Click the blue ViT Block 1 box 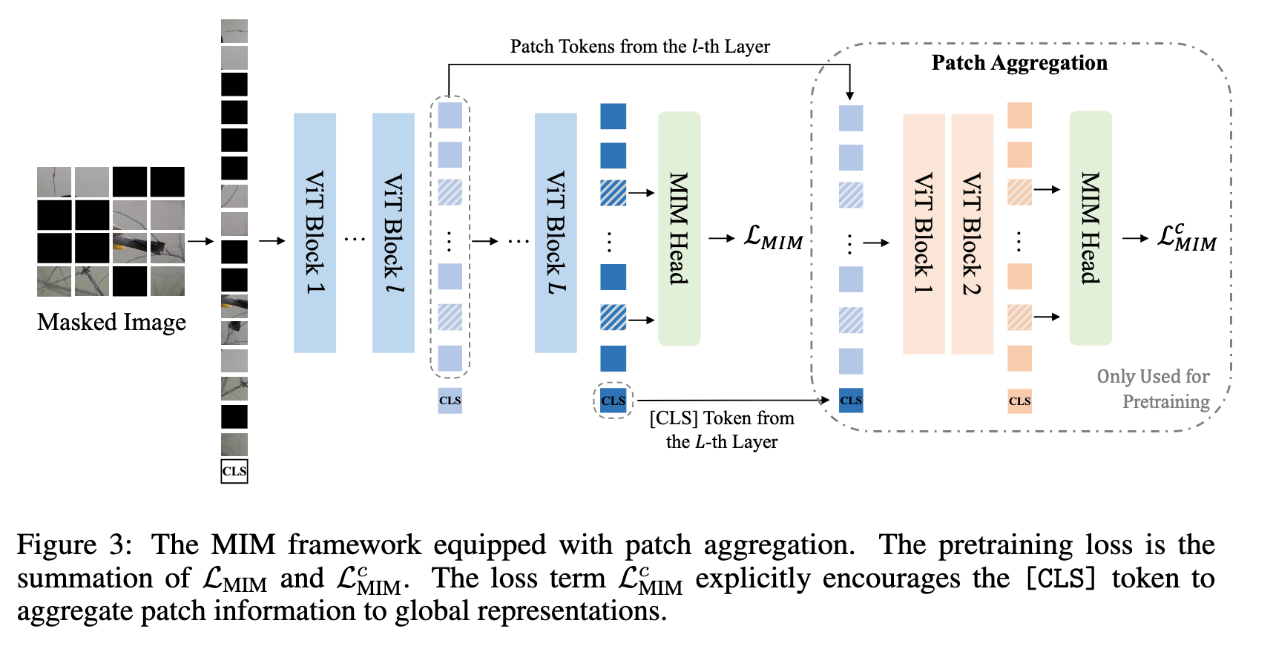pyautogui.click(x=315, y=233)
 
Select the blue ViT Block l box pyautogui.click(x=393, y=233)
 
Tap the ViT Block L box pyautogui.click(x=556, y=233)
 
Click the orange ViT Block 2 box pyautogui.click(x=972, y=234)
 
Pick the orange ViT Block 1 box pyautogui.click(x=924, y=234)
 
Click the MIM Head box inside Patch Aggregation pyautogui.click(x=1090, y=228)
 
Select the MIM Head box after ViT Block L pyautogui.click(x=679, y=228)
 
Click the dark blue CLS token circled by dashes pyautogui.click(x=614, y=401)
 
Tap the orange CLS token pyautogui.click(x=1019, y=401)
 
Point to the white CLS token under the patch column pyautogui.click(x=234, y=471)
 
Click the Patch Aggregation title pyautogui.click(x=1019, y=63)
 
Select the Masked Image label pyautogui.click(x=111, y=322)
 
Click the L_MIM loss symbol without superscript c pyautogui.click(x=773, y=238)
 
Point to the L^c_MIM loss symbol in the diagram pyautogui.click(x=1186, y=238)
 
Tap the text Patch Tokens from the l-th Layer pyautogui.click(x=639, y=47)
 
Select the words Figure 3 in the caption pyautogui.click(x=74, y=545)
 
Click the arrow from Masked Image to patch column pyautogui.click(x=200, y=240)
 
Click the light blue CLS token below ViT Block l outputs pyautogui.click(x=450, y=401)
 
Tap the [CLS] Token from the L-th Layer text pyautogui.click(x=722, y=429)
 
